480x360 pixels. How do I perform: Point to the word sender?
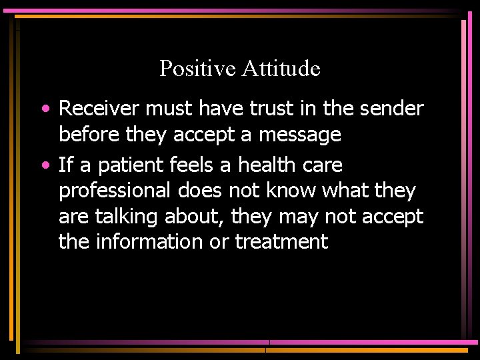point(393,108)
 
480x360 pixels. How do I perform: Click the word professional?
point(115,191)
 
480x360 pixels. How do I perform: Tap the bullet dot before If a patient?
point(43,164)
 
